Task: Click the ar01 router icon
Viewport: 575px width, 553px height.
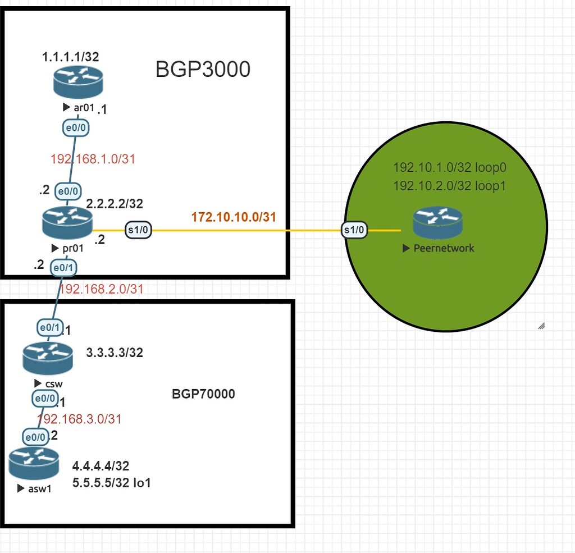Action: tap(79, 82)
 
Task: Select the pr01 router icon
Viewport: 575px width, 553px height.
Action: tap(67, 224)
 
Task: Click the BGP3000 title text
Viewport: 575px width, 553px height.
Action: tap(203, 70)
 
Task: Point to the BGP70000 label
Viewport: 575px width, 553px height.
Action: tap(203, 394)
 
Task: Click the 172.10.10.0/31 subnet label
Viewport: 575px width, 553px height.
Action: tap(234, 217)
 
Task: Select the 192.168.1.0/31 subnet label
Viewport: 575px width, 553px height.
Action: tap(93, 159)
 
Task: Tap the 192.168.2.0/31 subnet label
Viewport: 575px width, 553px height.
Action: tap(102, 289)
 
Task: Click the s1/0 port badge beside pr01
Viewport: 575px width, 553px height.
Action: tap(138, 230)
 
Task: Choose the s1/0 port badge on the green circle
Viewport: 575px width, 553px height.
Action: tap(355, 230)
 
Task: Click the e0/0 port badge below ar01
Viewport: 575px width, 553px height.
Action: tap(75, 129)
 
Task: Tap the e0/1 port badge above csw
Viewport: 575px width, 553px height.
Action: tap(49, 327)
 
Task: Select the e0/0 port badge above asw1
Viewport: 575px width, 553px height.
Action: tap(35, 436)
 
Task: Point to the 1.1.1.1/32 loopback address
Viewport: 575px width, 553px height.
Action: tap(71, 57)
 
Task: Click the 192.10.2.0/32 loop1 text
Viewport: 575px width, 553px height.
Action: tap(449, 185)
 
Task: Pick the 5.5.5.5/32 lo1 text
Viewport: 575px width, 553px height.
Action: tap(112, 482)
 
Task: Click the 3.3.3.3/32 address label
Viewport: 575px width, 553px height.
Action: tap(115, 353)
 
